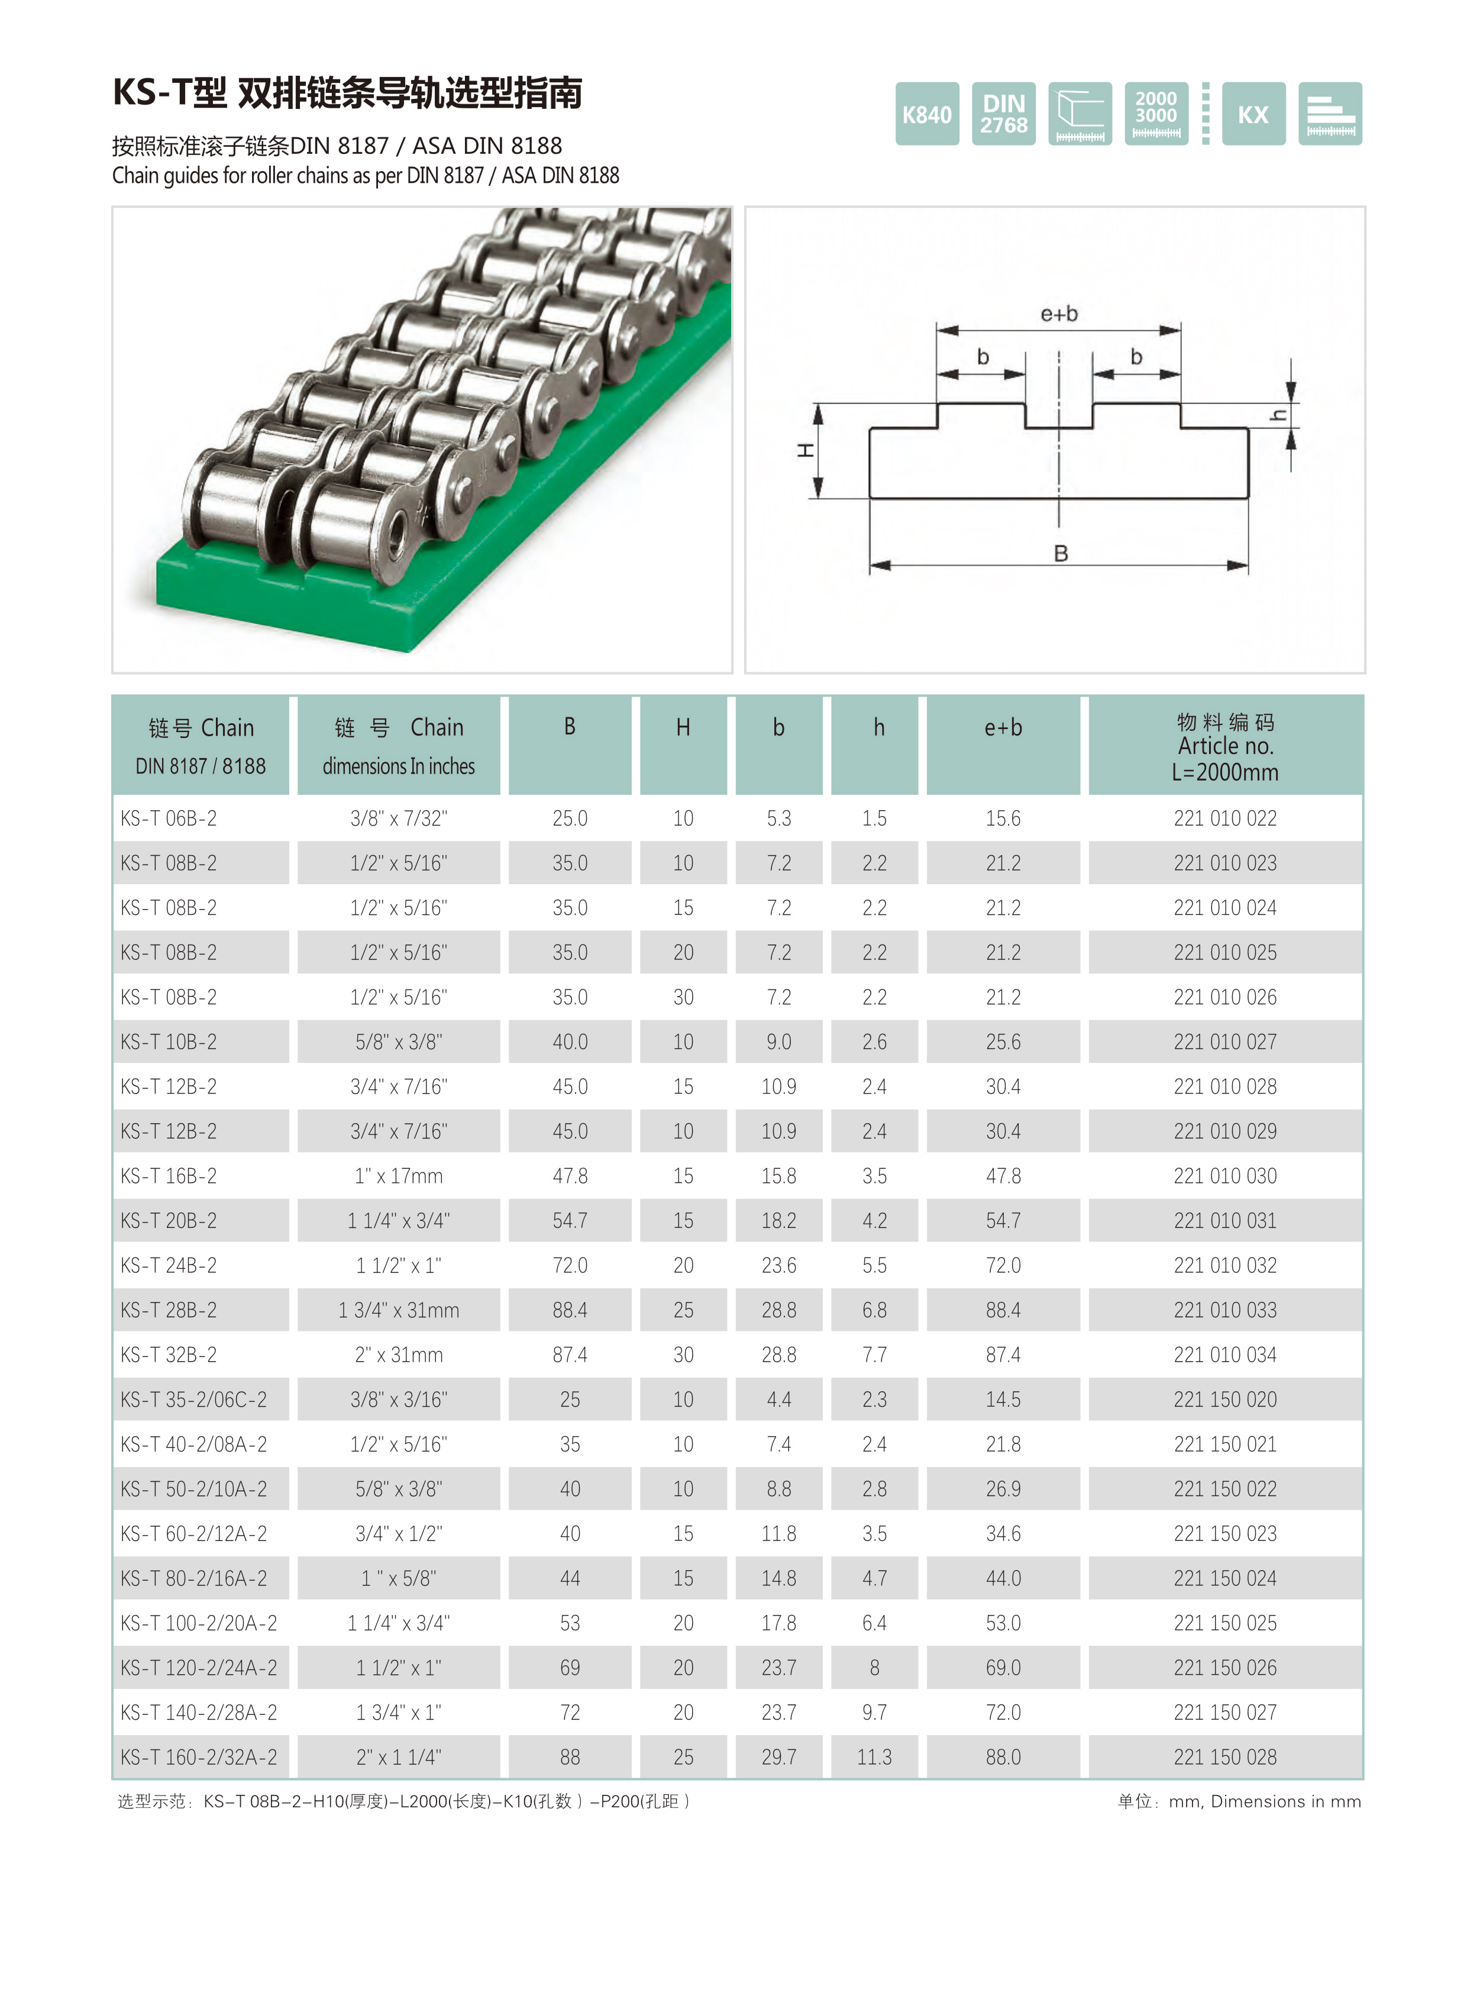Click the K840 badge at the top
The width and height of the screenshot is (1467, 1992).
pos(926,114)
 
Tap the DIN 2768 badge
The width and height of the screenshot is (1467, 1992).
pos(1003,114)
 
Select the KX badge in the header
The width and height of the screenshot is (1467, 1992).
pos(1253,114)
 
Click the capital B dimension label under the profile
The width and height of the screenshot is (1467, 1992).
pos(1060,553)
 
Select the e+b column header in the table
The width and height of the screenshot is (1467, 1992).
pos(1003,728)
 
